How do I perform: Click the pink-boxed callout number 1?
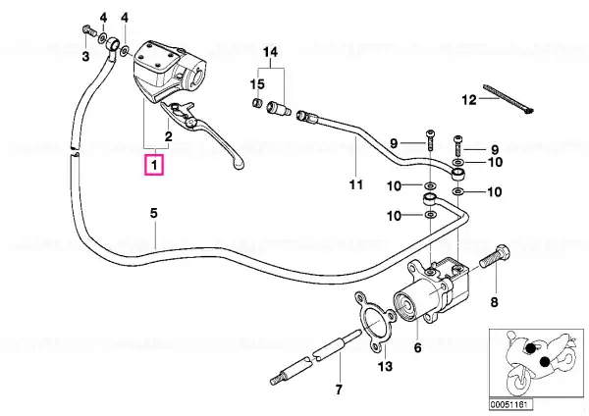(154, 165)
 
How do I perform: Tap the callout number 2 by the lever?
(168, 136)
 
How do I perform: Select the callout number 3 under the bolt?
(85, 57)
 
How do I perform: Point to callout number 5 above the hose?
(154, 214)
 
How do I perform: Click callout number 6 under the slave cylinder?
(418, 348)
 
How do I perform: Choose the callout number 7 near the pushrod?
(339, 390)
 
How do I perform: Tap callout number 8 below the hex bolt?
(495, 302)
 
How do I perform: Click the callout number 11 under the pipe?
(356, 184)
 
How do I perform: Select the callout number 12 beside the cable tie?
(469, 100)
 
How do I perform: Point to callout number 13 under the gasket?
(386, 366)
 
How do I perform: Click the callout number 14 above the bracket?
(270, 52)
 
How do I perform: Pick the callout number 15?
(257, 84)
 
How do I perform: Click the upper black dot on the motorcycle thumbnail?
(530, 348)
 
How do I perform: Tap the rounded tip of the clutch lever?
(239, 164)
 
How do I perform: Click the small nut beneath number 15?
(256, 102)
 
